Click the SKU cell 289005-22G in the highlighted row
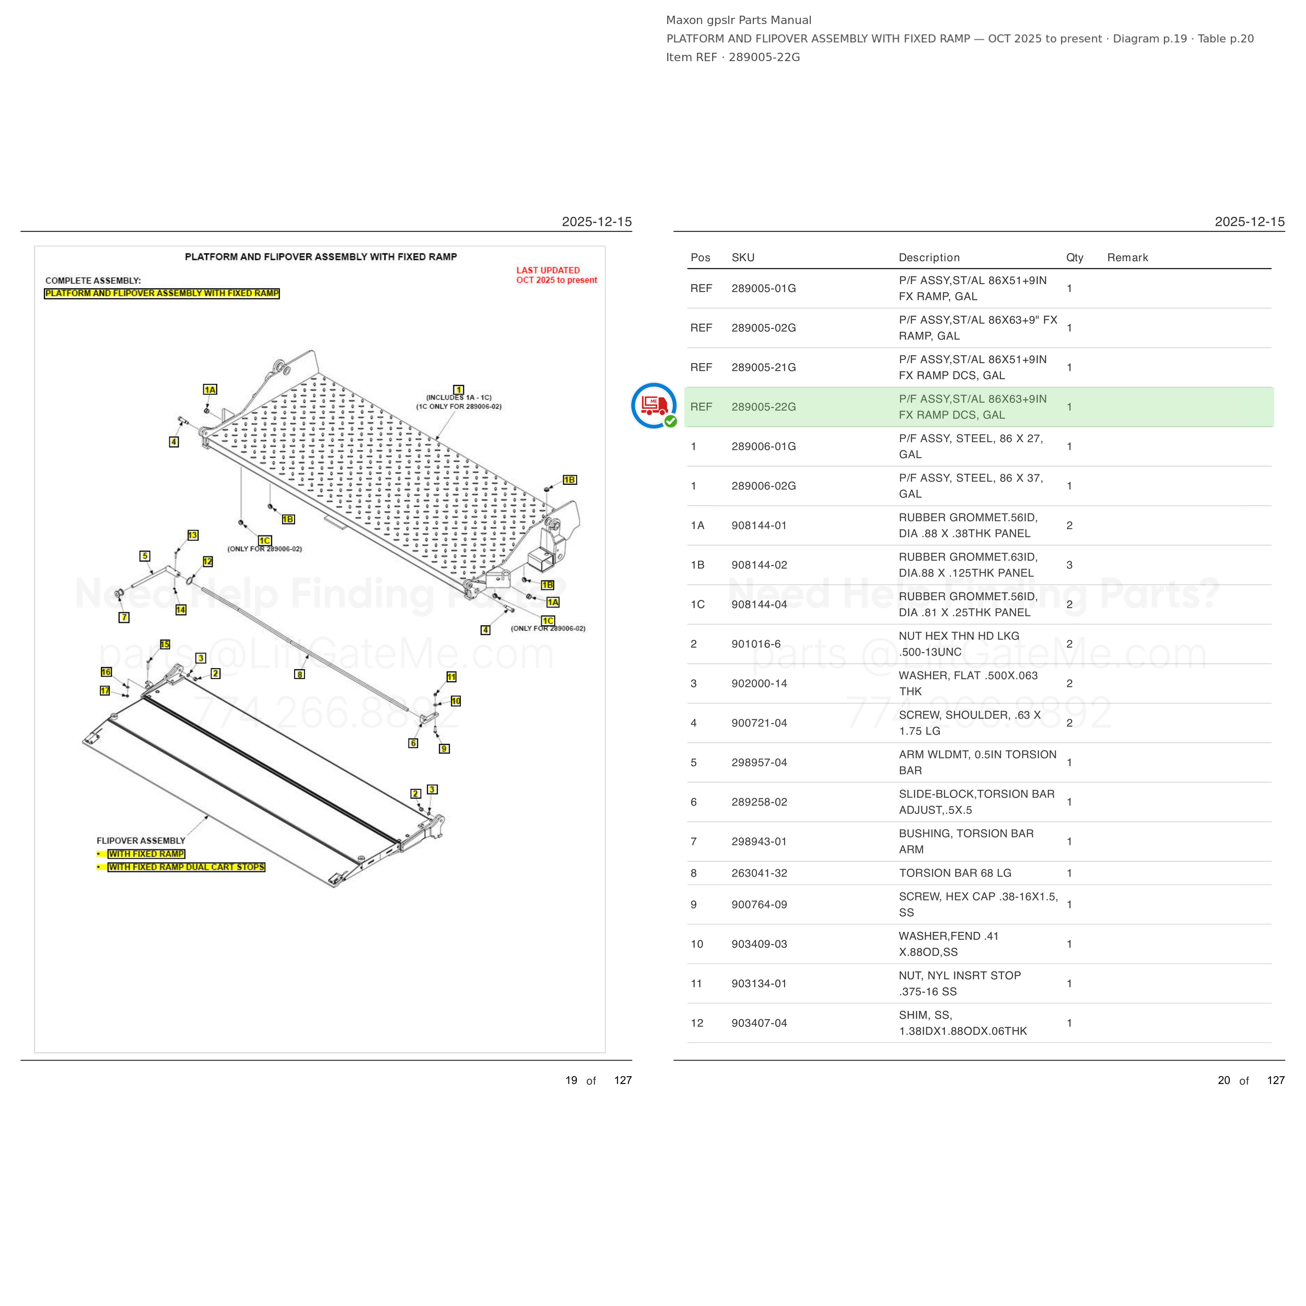(763, 407)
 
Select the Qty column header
(1075, 258)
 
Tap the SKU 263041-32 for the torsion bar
(759, 873)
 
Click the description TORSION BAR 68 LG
(955, 873)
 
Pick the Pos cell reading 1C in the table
(697, 604)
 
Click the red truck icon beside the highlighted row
(654, 405)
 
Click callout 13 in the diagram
(193, 535)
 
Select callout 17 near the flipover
(105, 691)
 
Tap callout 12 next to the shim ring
(207, 562)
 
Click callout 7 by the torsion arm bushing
(124, 617)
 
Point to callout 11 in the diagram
(451, 677)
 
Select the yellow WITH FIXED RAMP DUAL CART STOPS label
(186, 867)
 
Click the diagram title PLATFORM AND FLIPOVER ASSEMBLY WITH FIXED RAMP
(321, 257)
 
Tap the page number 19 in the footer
(571, 1080)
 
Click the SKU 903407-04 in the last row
(759, 1023)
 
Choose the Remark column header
(1127, 258)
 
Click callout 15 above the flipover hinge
(165, 644)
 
